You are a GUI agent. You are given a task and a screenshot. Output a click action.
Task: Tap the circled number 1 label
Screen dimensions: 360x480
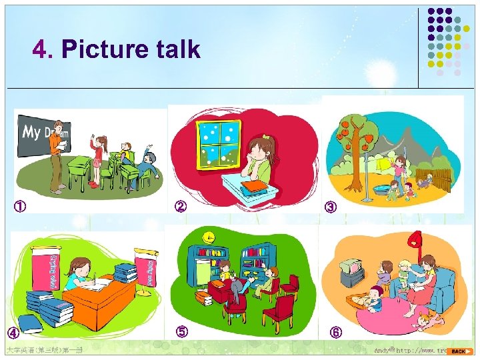(x=21, y=207)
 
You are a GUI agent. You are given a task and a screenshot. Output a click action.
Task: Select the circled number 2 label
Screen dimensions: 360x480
(x=180, y=206)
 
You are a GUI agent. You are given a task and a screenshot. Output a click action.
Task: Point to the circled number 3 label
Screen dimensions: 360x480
(x=331, y=207)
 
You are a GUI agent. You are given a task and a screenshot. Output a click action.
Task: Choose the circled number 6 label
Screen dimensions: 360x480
(x=336, y=332)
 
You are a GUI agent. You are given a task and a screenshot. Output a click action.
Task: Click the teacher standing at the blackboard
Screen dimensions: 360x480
(x=59, y=156)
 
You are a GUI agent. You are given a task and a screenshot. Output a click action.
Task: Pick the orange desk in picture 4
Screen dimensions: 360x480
(x=100, y=300)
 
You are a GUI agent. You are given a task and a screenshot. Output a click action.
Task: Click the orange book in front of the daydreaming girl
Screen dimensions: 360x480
(x=253, y=185)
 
